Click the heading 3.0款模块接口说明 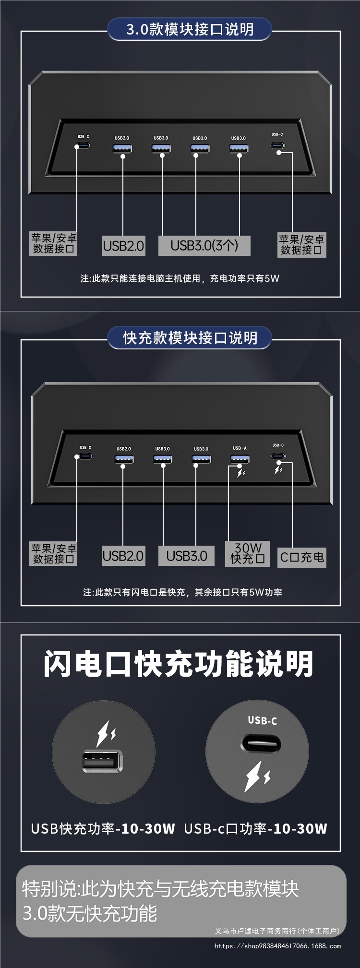pyautogui.click(x=190, y=29)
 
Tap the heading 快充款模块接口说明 pyautogui.click(x=190, y=338)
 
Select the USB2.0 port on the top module pyautogui.click(x=122, y=148)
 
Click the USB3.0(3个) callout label pyautogui.click(x=204, y=246)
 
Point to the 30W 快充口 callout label pyautogui.click(x=248, y=554)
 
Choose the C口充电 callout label pyautogui.click(x=302, y=557)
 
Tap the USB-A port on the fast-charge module pyautogui.click(x=240, y=459)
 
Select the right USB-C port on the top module pyautogui.click(x=277, y=145)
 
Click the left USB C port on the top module pyautogui.click(x=83, y=145)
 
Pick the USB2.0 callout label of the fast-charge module pyautogui.click(x=123, y=556)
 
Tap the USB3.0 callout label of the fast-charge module pyautogui.click(x=187, y=556)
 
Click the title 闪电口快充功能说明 pyautogui.click(x=179, y=664)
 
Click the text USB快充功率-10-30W pyautogui.click(x=103, y=829)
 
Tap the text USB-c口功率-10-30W pyautogui.click(x=255, y=829)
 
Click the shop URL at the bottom pyautogui.click(x=277, y=946)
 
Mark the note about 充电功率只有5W pyautogui.click(x=180, y=278)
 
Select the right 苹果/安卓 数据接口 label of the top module pyautogui.click(x=302, y=245)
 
